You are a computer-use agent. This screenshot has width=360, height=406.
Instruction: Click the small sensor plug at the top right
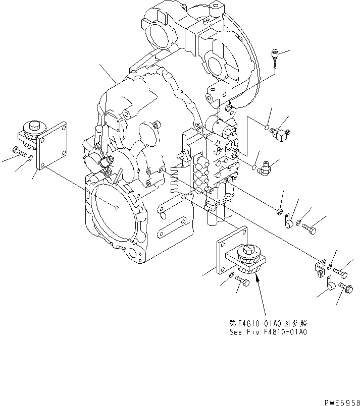point(275,53)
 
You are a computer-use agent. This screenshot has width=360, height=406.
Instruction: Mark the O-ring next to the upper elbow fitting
point(265,128)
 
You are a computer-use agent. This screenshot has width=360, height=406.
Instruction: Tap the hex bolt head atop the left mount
point(35,125)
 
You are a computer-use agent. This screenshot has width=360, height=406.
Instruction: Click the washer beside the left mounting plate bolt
point(30,158)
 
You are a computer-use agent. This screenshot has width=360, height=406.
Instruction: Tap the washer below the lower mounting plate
point(231,275)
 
